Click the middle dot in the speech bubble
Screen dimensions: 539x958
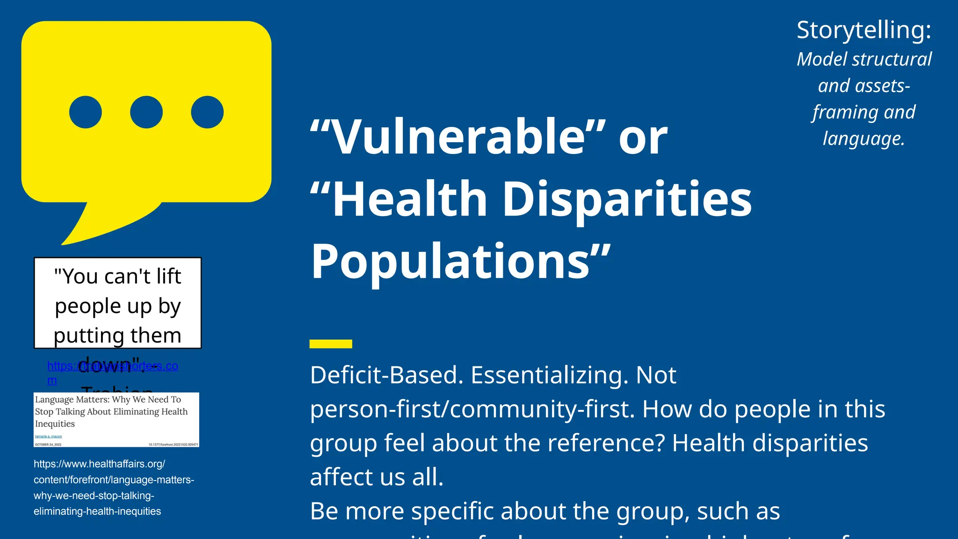pos(146,112)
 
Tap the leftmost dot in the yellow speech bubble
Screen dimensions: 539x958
pos(86,112)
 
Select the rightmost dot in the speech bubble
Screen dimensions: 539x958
pos(207,112)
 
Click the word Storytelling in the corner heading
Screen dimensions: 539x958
pos(864,30)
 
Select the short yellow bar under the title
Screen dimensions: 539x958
pos(331,344)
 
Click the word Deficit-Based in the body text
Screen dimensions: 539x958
pos(386,375)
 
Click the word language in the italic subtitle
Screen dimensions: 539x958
pos(864,138)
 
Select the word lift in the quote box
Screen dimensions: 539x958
pos(168,277)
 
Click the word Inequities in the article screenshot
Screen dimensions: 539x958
pos(55,424)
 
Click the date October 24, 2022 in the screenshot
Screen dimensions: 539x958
pos(48,444)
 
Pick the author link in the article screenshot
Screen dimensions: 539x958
pos(48,437)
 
